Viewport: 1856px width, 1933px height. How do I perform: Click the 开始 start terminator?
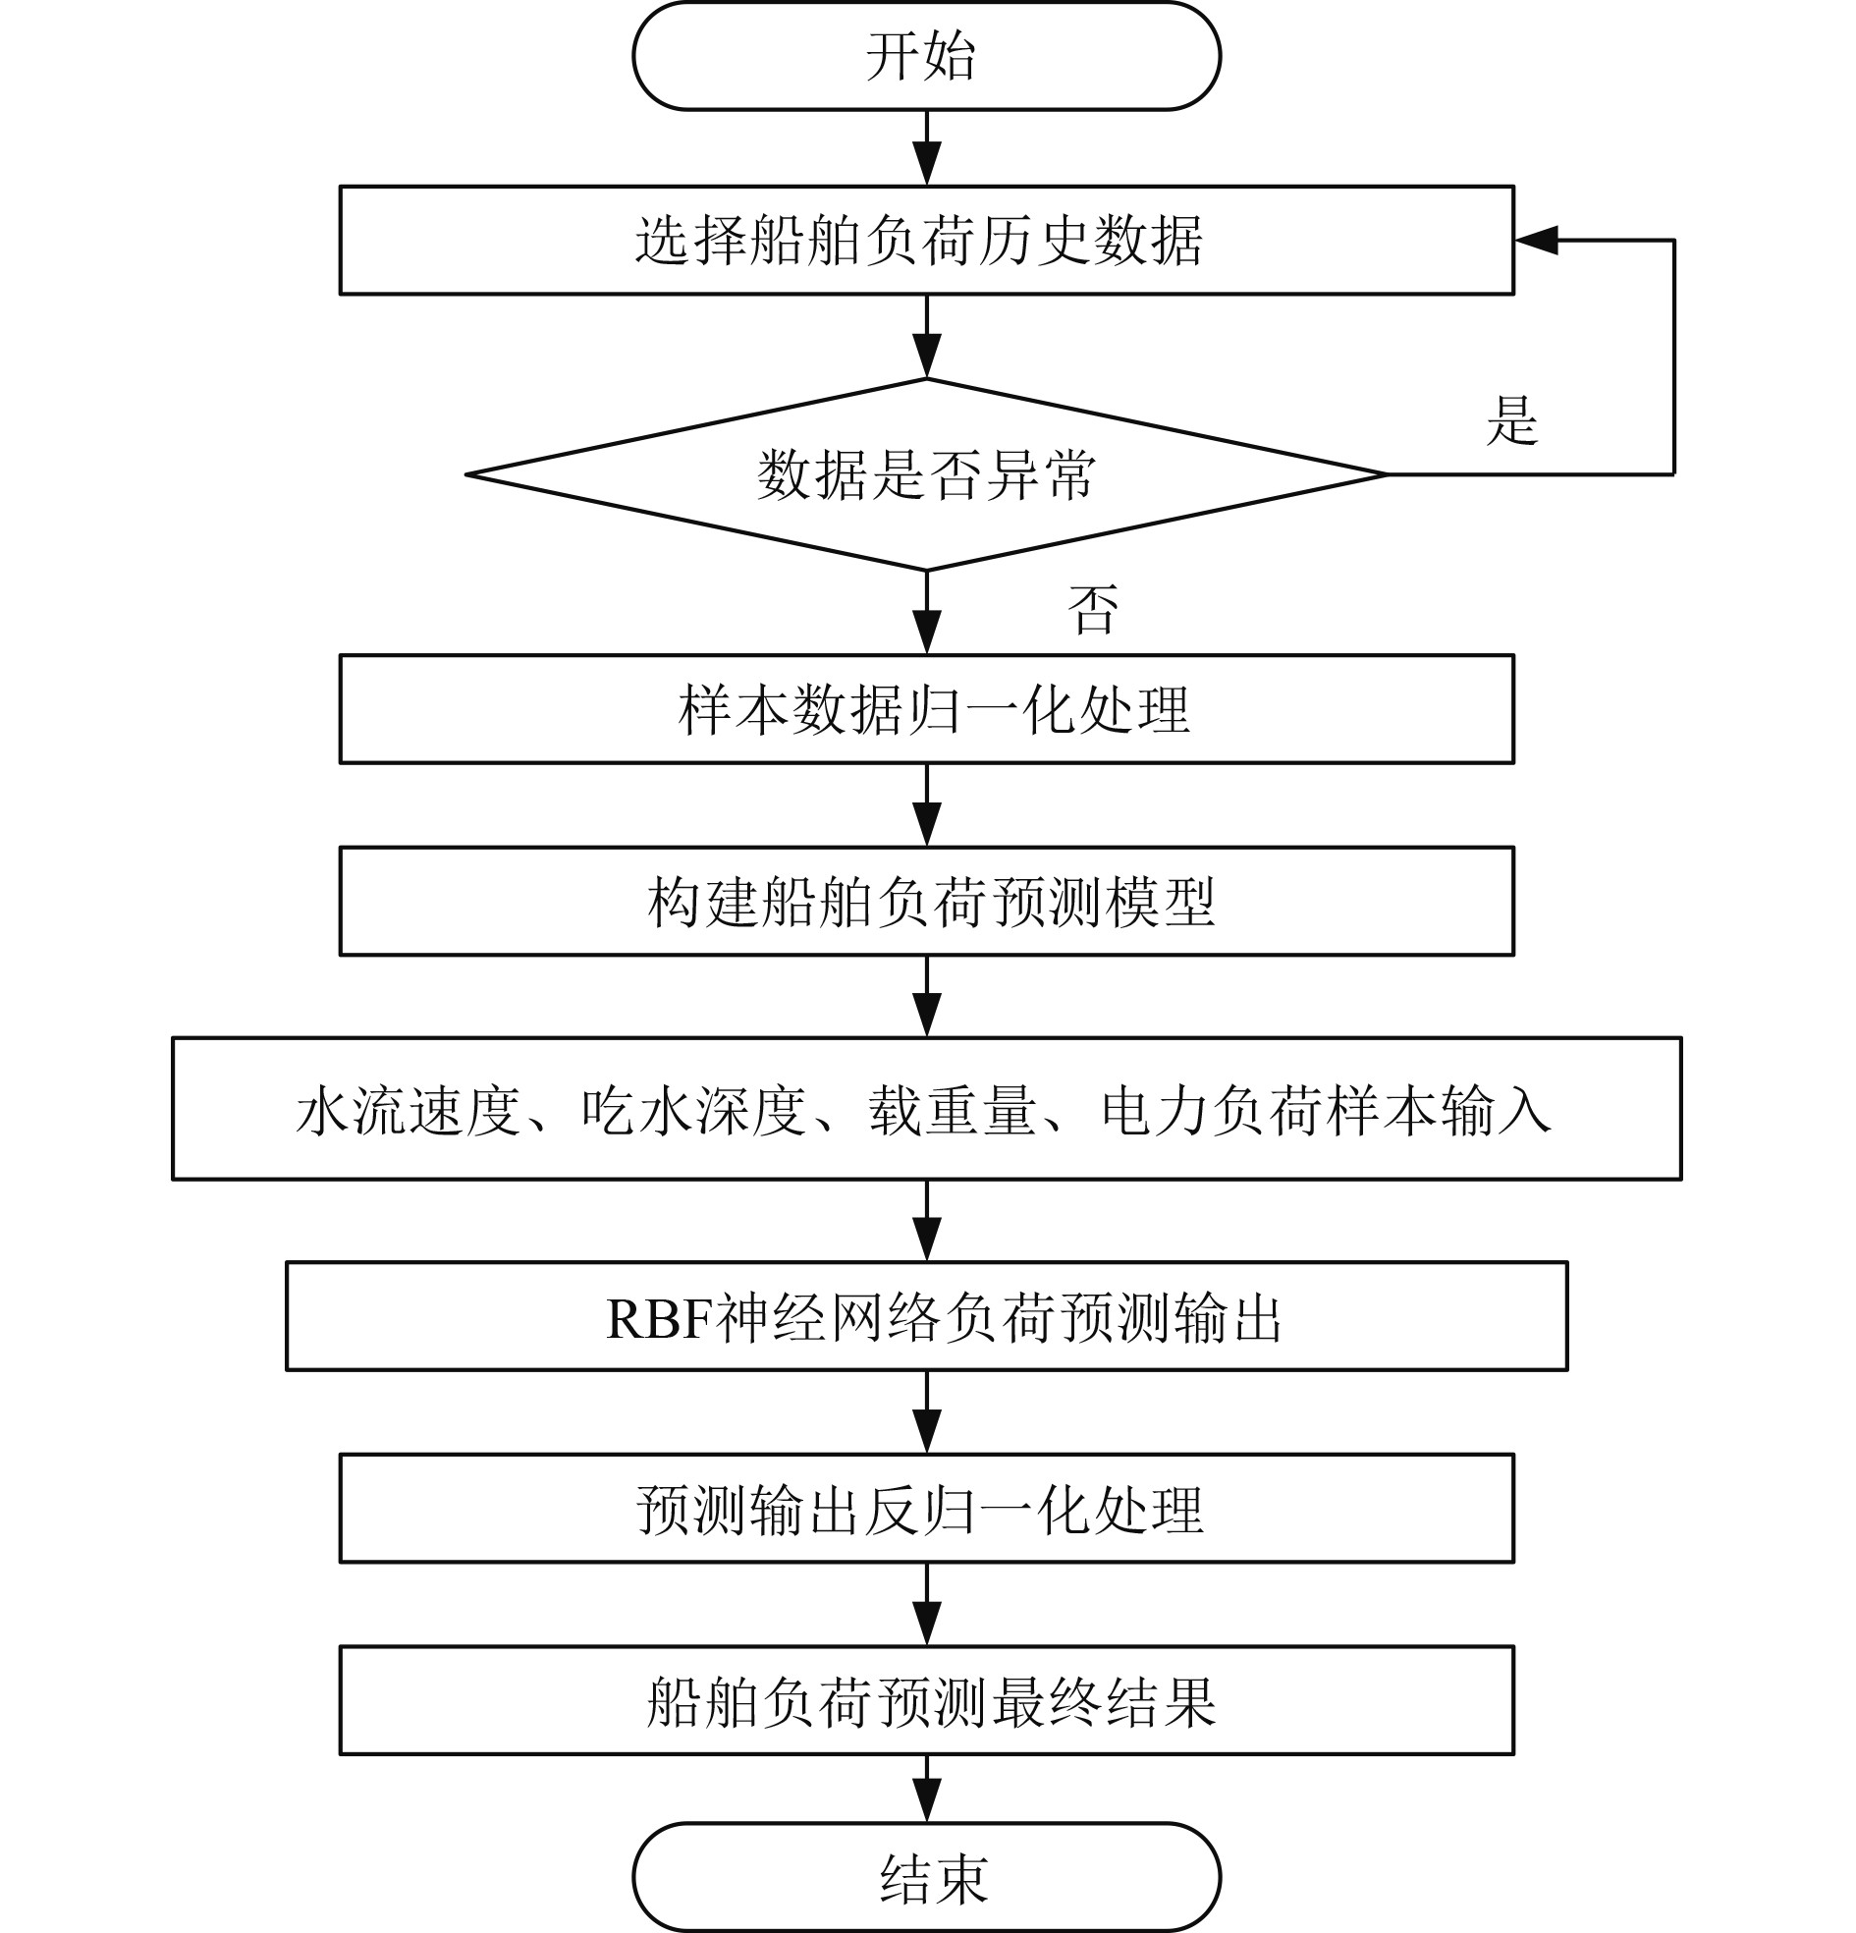pos(926,56)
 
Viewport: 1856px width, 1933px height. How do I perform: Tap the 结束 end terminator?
pos(926,1877)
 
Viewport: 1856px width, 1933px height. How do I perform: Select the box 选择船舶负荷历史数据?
pos(926,240)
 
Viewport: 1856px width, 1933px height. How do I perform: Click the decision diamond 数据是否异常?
pos(926,474)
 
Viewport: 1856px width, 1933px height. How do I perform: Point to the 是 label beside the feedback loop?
pos(1511,421)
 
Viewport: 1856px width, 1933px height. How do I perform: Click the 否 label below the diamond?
pos(1093,610)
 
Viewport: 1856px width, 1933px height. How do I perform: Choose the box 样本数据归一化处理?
pos(926,709)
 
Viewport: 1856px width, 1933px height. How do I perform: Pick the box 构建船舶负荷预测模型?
pos(926,901)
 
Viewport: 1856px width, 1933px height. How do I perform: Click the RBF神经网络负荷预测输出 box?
pos(926,1316)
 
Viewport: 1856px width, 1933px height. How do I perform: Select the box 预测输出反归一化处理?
pos(926,1508)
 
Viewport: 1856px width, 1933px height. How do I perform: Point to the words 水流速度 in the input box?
pos(408,1111)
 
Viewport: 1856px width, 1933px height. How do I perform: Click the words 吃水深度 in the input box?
pos(693,1111)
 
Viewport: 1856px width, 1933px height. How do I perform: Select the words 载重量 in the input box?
pos(952,1111)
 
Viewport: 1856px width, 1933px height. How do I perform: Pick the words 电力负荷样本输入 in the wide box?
pos(1326,1111)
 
